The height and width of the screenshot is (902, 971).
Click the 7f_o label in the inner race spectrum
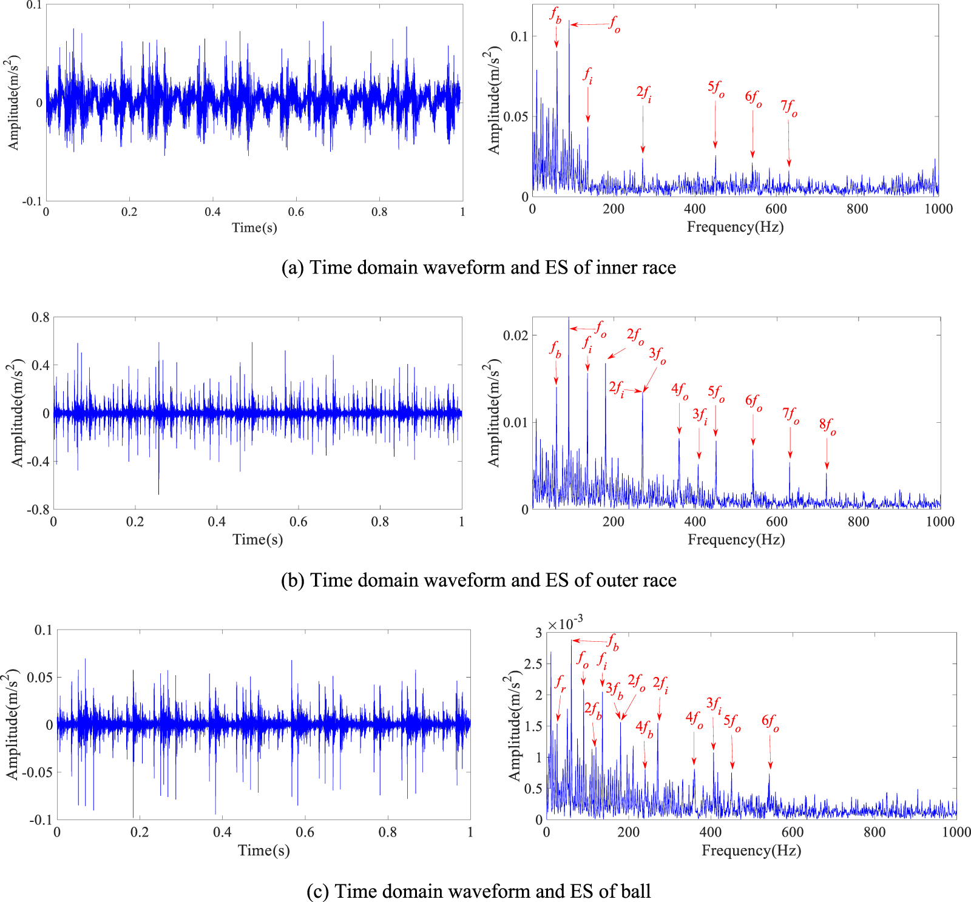coord(789,108)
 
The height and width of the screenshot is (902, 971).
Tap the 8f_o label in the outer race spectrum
coord(827,426)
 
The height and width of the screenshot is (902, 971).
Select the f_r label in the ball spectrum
coord(560,683)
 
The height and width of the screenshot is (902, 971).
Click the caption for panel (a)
coord(478,268)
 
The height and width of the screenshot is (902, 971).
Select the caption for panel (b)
coord(478,581)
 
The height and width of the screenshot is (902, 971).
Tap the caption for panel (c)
coord(478,891)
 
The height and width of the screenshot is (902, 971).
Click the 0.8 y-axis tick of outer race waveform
coord(41,317)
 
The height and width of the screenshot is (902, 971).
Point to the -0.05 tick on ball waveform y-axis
coord(38,772)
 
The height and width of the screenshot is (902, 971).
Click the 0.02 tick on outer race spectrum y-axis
coord(516,335)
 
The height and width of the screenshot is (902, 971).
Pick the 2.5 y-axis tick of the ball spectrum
coord(532,664)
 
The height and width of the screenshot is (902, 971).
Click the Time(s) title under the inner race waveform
coord(254,227)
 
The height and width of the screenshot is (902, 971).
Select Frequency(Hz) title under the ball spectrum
coord(751,850)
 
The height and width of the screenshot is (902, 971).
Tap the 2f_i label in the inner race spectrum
coord(644,93)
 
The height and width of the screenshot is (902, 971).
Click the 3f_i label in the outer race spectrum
coord(700,416)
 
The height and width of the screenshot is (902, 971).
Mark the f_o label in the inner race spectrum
coord(615,25)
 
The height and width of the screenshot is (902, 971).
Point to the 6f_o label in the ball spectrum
coord(770,722)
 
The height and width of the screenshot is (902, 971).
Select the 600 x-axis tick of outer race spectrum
coord(776,522)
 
